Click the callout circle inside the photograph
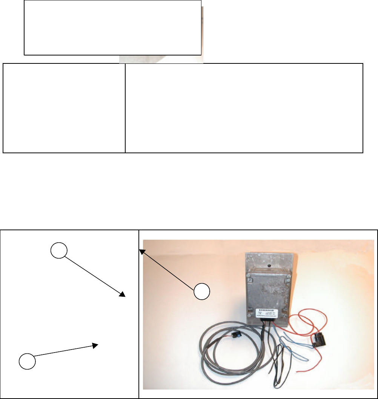(x=202, y=292)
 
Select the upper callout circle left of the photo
(x=59, y=250)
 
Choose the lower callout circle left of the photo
(x=27, y=360)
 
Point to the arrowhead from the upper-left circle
(x=122, y=295)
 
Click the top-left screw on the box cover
(x=249, y=280)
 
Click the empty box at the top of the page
(x=112, y=28)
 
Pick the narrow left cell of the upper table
(x=64, y=108)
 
